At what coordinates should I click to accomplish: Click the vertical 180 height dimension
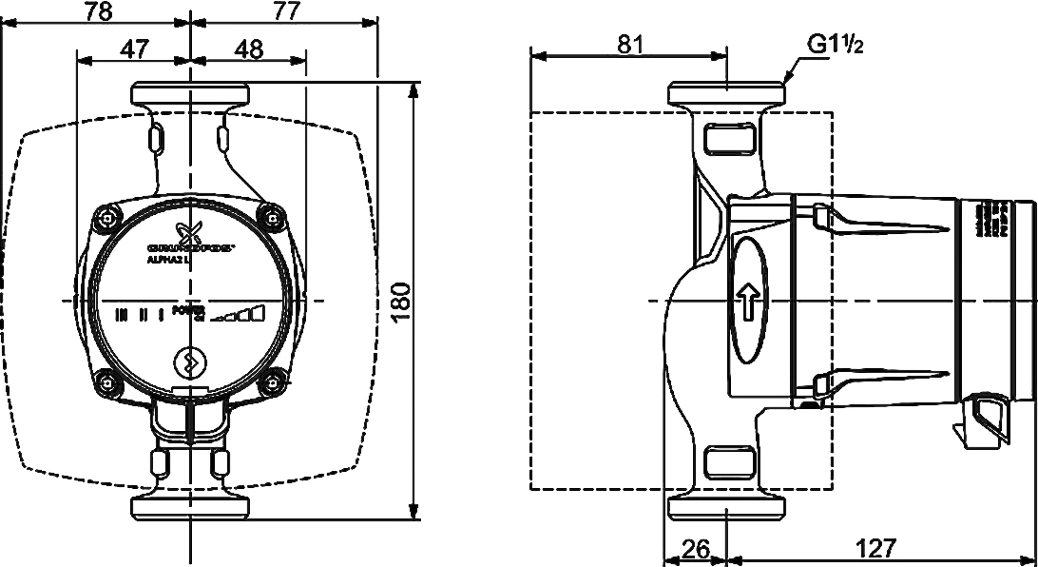click(x=403, y=303)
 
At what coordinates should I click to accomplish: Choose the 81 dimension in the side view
click(x=628, y=45)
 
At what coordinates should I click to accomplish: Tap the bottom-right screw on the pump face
click(x=274, y=384)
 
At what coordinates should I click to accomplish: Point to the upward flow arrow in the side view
click(x=747, y=302)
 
